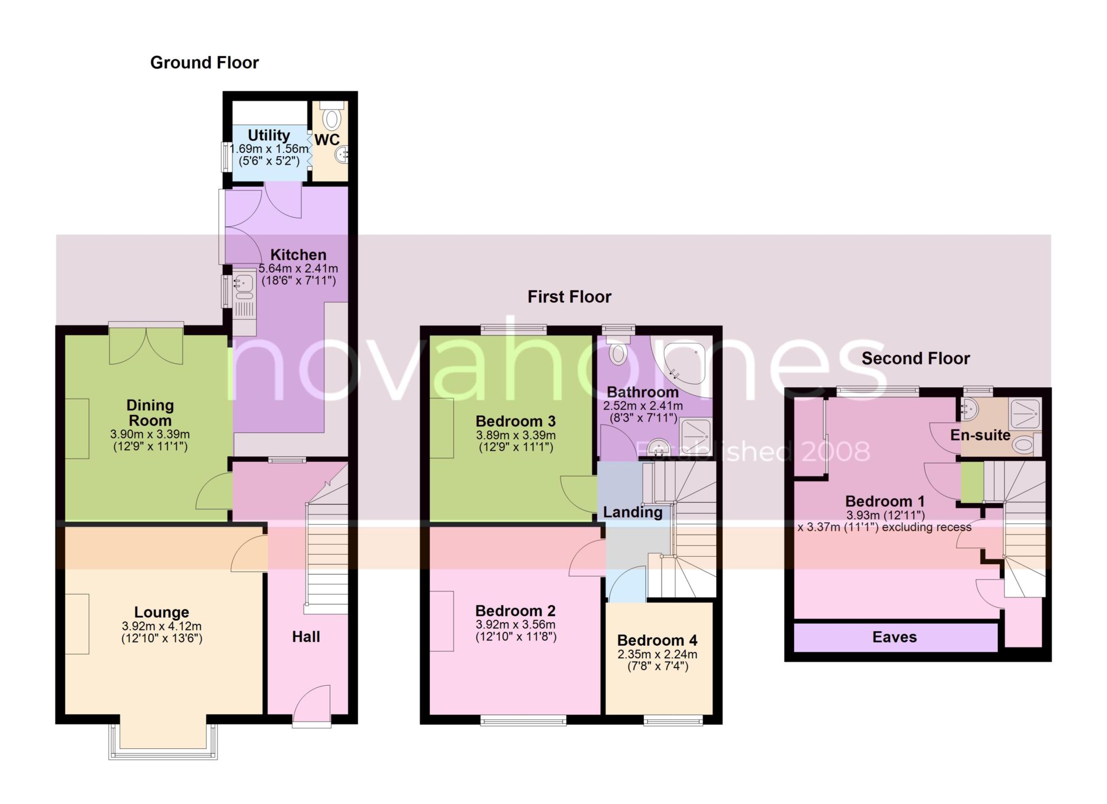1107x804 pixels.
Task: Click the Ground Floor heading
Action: (204, 63)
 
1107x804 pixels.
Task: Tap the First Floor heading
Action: (569, 296)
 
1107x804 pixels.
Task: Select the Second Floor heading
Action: (916, 358)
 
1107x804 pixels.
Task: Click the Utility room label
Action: (269, 135)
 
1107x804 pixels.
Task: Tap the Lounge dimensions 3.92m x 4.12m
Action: (162, 626)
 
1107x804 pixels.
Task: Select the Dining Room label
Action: (150, 413)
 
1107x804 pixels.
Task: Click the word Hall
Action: (306, 637)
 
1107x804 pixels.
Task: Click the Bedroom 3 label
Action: (515, 421)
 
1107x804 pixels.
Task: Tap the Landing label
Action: (632, 512)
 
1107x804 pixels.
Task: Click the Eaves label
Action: (895, 637)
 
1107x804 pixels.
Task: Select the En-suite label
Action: (980, 435)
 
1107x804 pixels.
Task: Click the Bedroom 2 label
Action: (515, 611)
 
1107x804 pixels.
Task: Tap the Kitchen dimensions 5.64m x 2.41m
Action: (298, 268)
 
